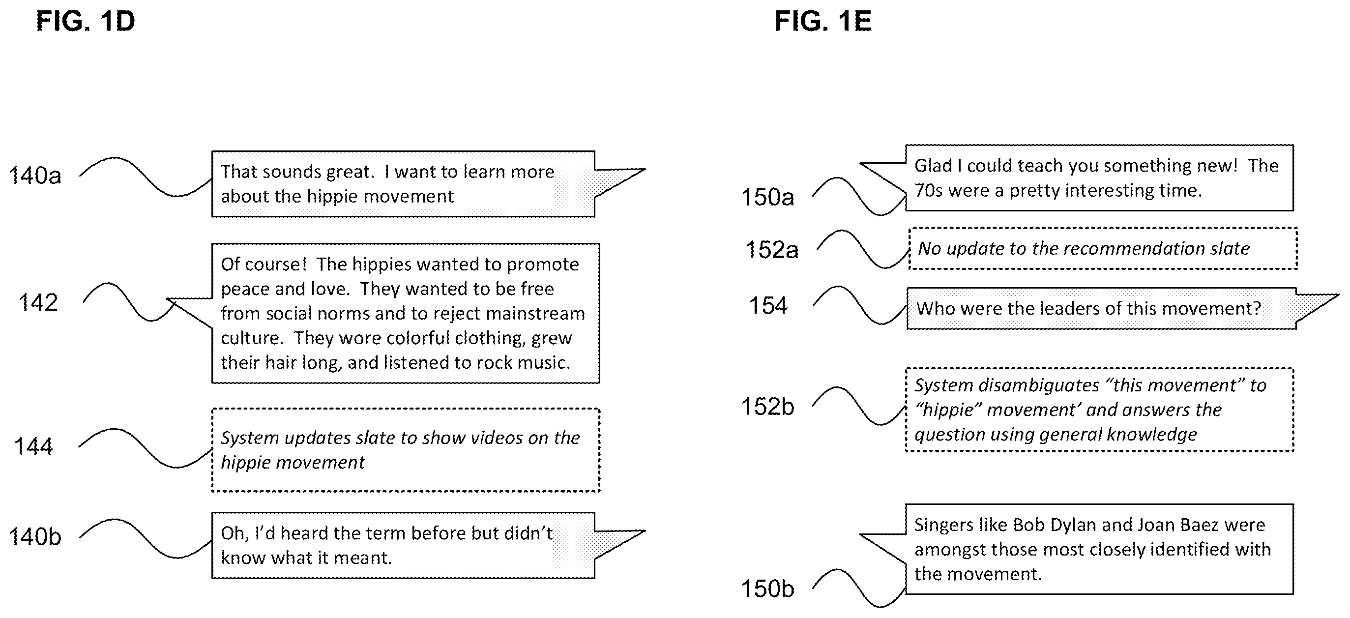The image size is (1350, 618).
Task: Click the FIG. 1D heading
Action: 86,22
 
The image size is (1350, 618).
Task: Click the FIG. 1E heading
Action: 823,22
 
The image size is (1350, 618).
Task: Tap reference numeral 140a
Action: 35,175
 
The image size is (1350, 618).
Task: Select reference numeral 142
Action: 38,302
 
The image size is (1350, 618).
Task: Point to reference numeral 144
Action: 33,446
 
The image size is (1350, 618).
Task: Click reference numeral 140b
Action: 35,537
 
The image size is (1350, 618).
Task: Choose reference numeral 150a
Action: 767,197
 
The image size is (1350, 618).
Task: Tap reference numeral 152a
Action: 772,249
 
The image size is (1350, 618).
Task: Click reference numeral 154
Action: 768,306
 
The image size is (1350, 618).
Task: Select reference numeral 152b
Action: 767,407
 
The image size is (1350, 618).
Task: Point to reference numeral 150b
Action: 767,589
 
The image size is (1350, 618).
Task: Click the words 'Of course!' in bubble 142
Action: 264,264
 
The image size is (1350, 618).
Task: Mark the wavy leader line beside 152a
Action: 863,249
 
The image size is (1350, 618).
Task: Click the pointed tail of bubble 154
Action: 1337,295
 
